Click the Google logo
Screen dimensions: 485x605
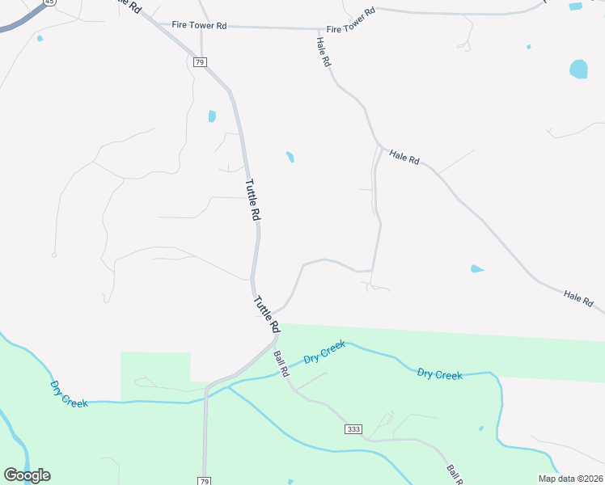tap(27, 475)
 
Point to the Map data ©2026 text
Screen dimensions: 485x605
tap(570, 479)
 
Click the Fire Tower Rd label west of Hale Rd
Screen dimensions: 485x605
tap(199, 26)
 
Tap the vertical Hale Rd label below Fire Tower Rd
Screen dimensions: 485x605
tap(324, 52)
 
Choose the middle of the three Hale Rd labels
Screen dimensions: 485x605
tap(404, 158)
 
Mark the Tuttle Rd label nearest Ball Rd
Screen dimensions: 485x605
tap(267, 315)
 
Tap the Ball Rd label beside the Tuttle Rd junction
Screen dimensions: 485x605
tap(281, 364)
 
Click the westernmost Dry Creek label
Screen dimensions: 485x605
tap(69, 394)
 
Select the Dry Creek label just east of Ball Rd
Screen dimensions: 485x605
tap(324, 352)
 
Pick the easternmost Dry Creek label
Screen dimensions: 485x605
tap(439, 374)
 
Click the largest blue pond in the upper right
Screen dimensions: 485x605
tap(578, 70)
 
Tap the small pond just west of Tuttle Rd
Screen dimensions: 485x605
tap(212, 116)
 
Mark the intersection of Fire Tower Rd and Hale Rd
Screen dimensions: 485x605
tap(316, 29)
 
